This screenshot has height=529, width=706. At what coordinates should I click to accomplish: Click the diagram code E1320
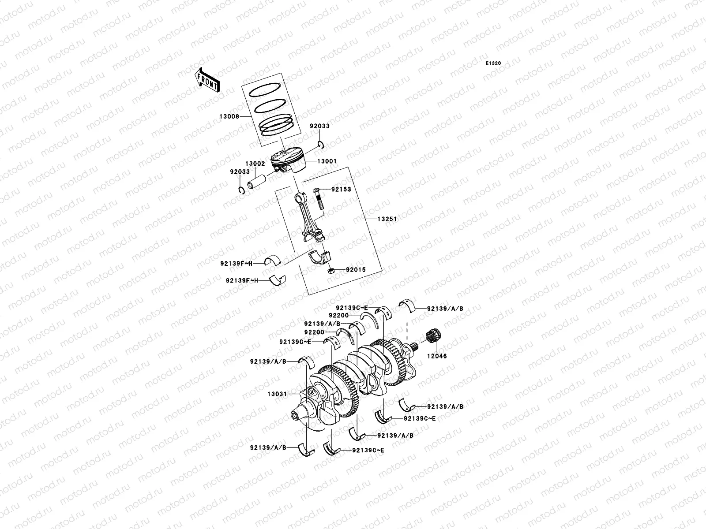(x=494, y=63)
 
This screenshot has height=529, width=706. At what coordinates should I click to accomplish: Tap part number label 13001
(x=327, y=161)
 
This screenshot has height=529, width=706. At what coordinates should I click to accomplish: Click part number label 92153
(x=341, y=189)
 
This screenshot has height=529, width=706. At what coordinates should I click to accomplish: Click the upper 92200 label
(x=339, y=315)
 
